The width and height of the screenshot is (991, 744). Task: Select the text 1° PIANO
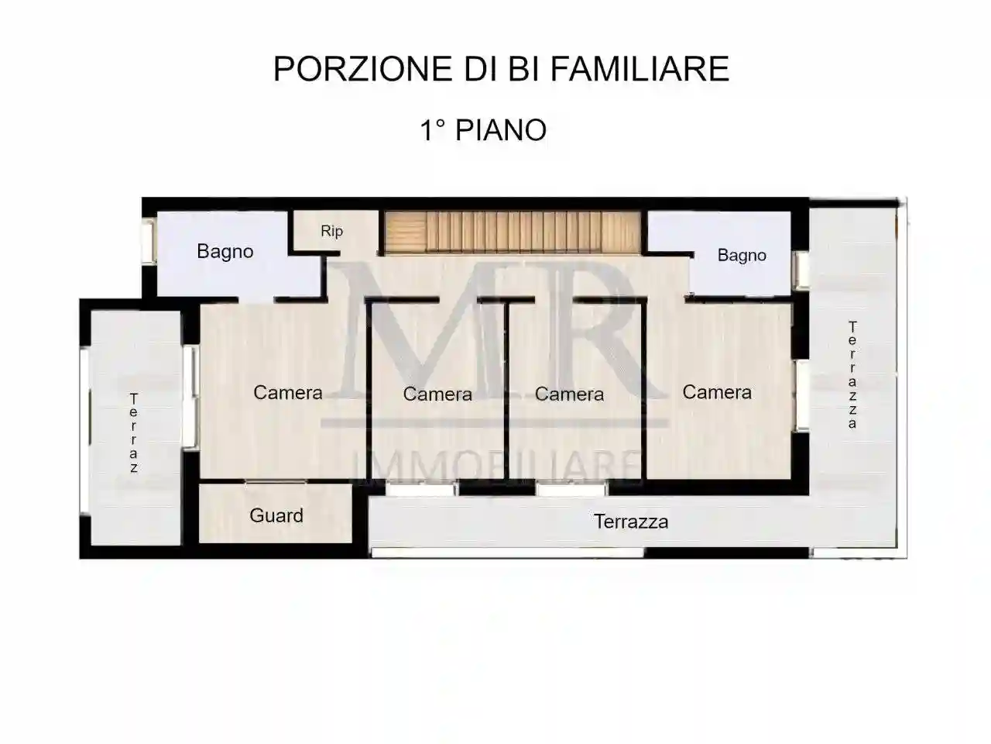pos(483,130)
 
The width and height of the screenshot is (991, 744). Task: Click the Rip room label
pos(331,231)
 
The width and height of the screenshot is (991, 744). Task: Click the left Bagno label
pos(225,251)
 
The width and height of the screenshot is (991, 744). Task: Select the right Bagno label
pos(741,255)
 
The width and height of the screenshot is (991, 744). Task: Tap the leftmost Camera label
pos(287,392)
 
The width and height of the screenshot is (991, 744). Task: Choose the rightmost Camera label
pos(716,392)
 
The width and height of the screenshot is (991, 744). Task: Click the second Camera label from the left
pos(437,394)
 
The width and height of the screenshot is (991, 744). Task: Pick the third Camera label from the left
pos(569,394)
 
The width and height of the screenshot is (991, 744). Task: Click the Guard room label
pos(276,515)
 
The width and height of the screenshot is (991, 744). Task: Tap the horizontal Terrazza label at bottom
pos(630,522)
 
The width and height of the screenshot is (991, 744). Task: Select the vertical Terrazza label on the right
pos(852,375)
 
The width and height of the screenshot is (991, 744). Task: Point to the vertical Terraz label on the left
pos(134,433)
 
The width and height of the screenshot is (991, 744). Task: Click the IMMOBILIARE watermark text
pos(498,467)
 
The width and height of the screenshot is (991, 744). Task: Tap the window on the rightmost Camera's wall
pos(802,395)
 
